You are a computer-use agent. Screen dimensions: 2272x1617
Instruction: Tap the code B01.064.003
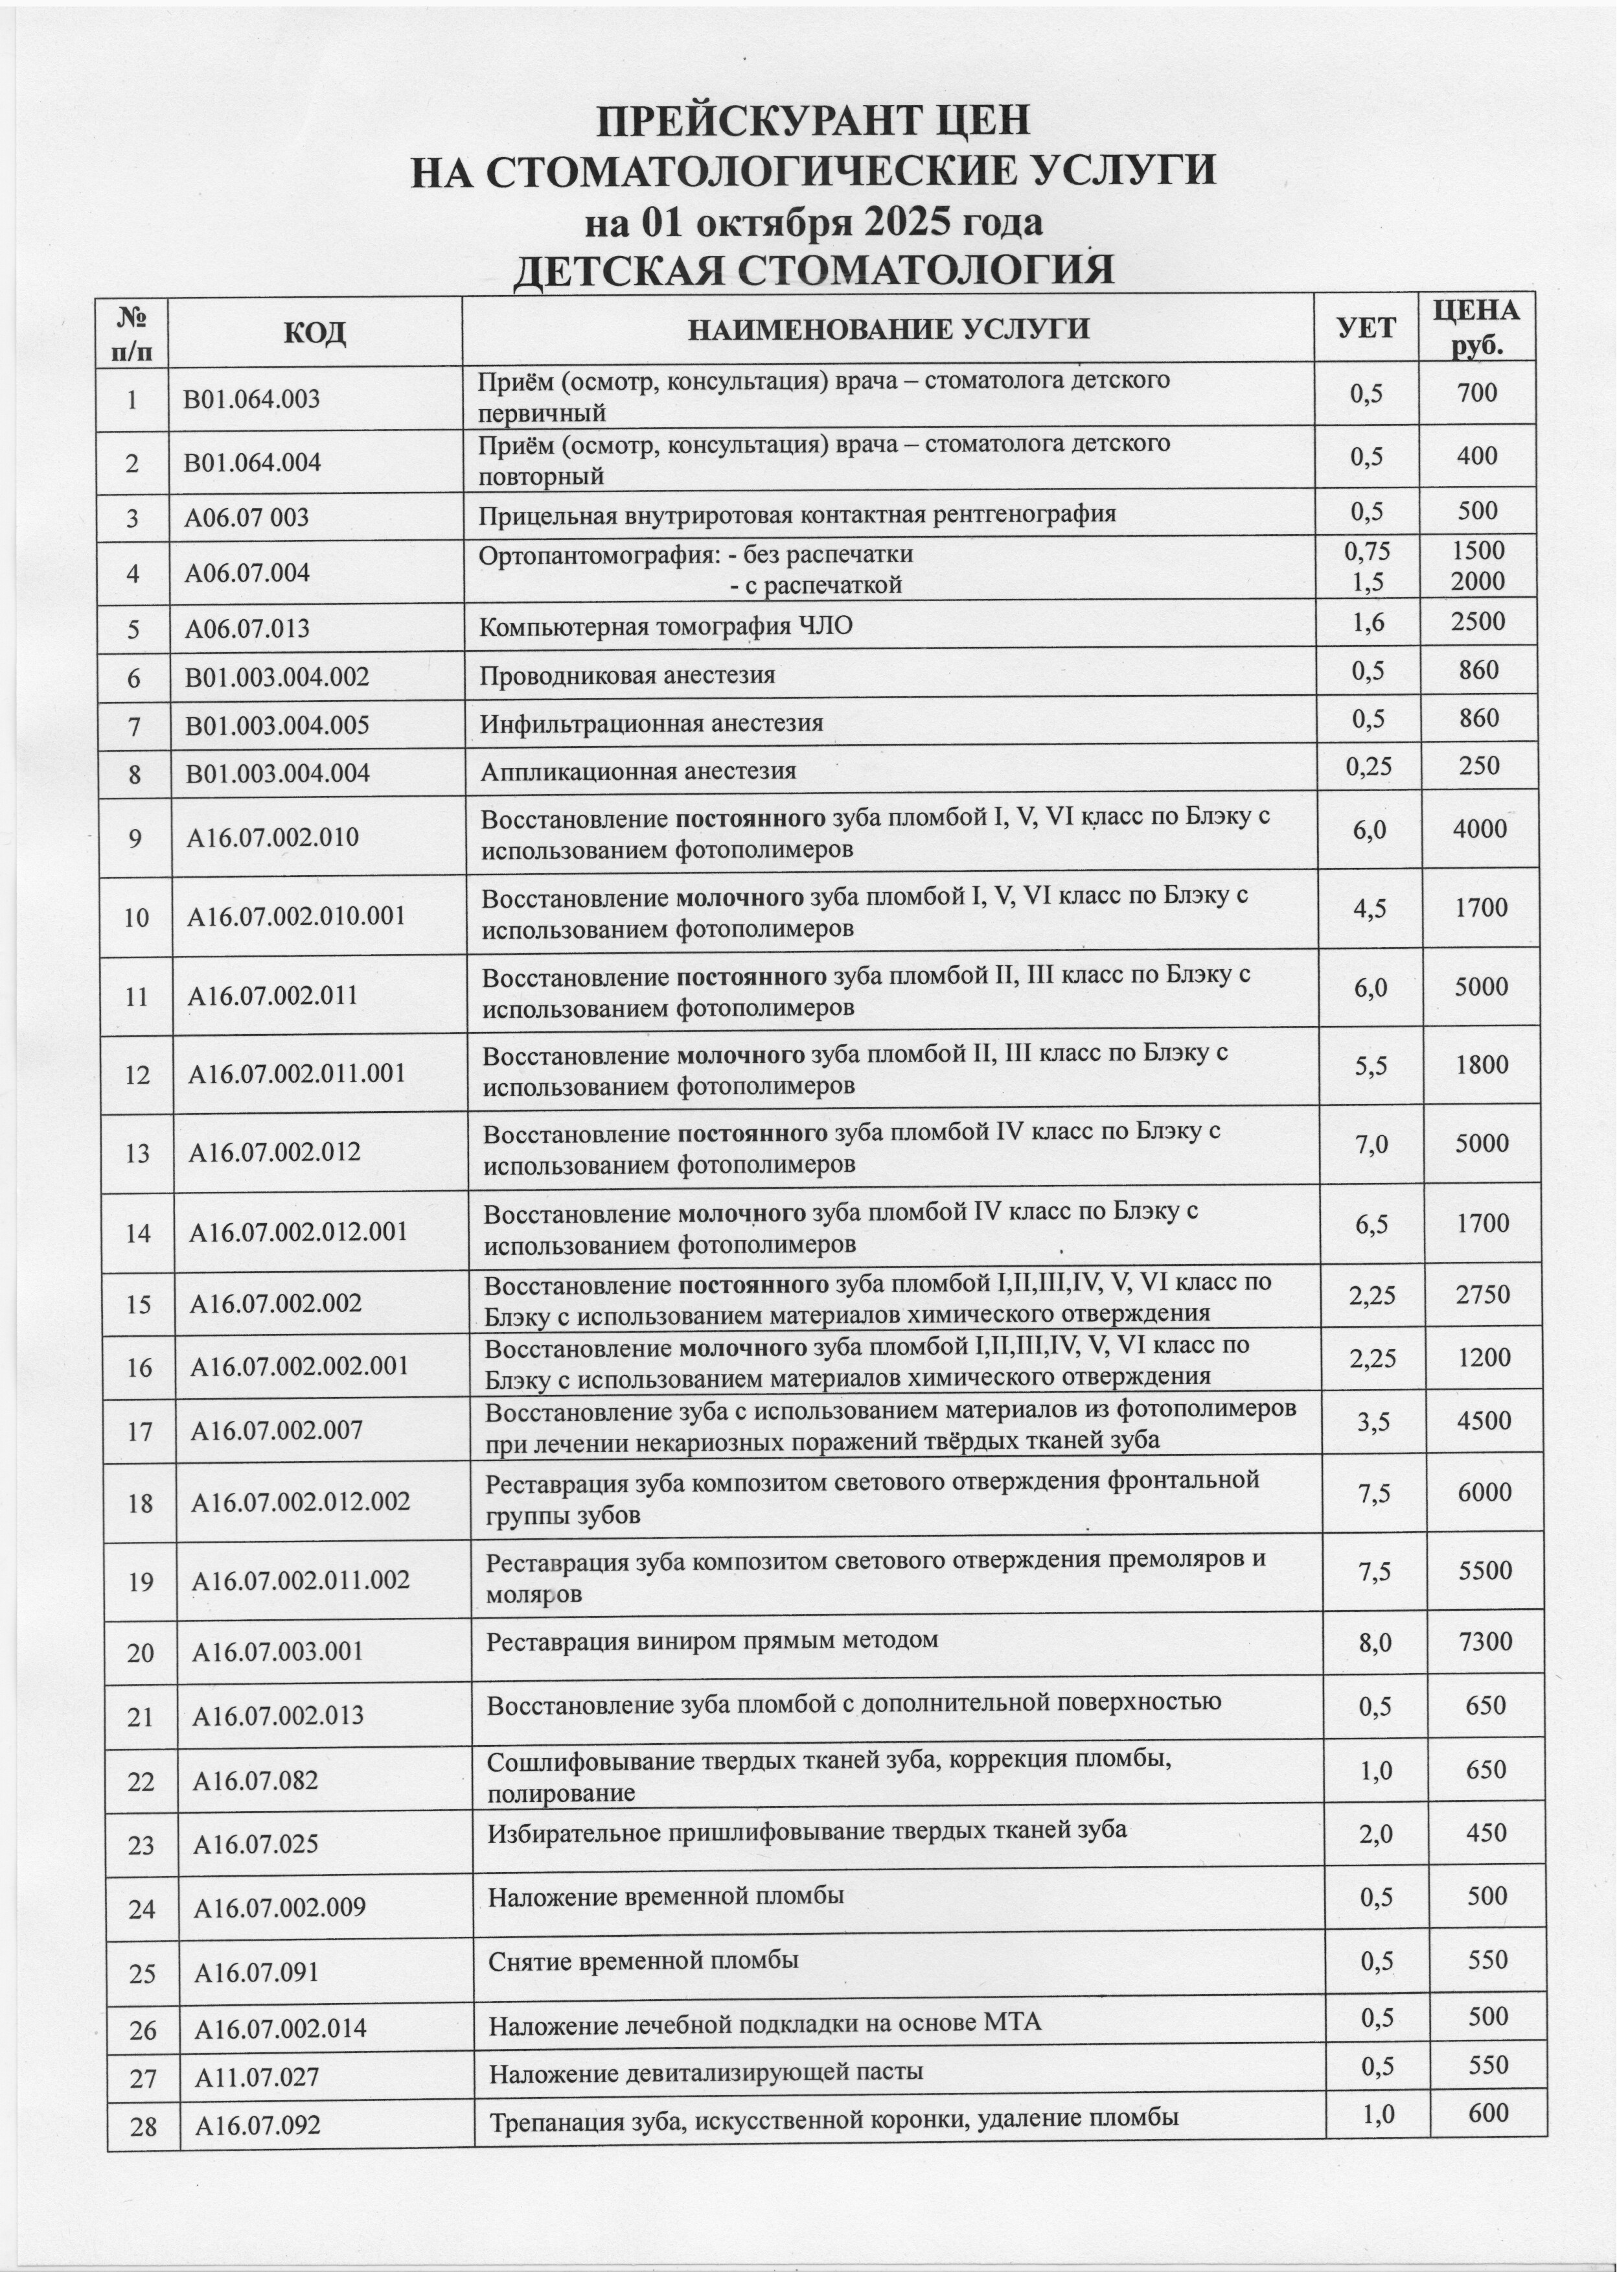[x=252, y=399]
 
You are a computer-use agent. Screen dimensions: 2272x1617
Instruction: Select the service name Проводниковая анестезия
[x=627, y=675]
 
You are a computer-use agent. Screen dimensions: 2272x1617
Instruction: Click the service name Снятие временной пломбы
[x=643, y=1962]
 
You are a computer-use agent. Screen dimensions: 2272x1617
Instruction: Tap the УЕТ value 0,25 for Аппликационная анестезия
[x=1368, y=766]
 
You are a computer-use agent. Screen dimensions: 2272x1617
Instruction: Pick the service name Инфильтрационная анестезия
[x=651, y=723]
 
